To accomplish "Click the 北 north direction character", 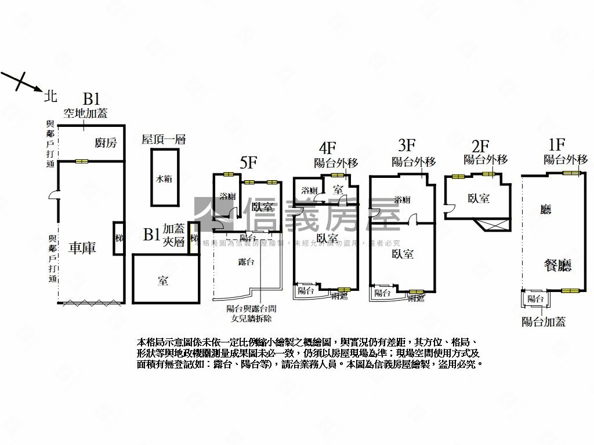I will tap(51, 95).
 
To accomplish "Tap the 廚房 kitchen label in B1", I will tap(106, 143).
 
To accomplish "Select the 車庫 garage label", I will tap(82, 248).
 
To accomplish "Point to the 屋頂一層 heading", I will tap(163, 139).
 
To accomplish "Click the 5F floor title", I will tap(248, 162).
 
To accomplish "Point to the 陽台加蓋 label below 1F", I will tap(544, 322).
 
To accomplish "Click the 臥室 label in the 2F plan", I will tap(479, 198).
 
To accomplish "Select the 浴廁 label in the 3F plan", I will tap(402, 200).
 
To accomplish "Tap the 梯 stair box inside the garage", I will tap(119, 238).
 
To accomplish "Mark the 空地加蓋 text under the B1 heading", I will tap(85, 114).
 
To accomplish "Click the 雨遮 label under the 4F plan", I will tap(339, 297).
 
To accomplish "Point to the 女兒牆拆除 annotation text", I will tap(251, 319).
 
